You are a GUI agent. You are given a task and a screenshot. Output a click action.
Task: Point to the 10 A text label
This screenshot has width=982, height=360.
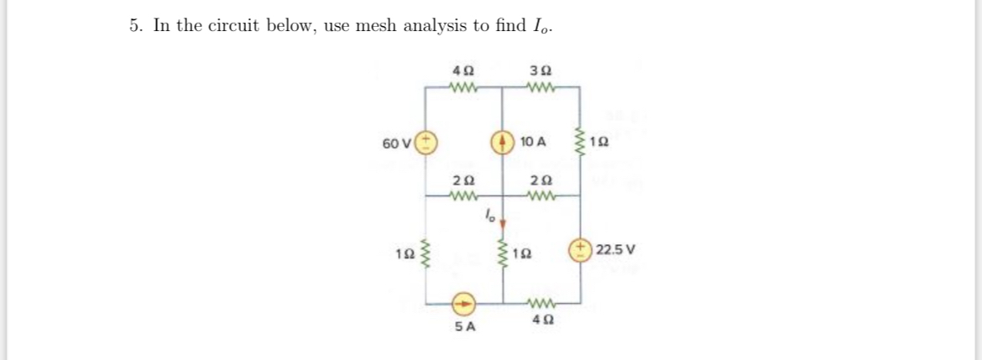(533, 142)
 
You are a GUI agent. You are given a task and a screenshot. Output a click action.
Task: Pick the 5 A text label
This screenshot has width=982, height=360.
(464, 326)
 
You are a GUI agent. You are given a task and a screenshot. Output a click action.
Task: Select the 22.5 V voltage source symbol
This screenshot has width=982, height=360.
(579, 249)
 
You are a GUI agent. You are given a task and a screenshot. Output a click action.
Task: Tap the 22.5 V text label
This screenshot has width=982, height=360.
(616, 249)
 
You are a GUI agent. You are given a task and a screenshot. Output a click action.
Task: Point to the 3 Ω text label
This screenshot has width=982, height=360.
(540, 70)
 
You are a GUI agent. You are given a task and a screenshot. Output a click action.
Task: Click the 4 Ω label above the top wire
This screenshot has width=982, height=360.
(462, 70)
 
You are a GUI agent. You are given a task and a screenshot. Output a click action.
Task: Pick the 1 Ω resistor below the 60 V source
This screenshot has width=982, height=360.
(426, 250)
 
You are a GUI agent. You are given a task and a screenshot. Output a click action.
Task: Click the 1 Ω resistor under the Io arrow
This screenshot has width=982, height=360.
(504, 250)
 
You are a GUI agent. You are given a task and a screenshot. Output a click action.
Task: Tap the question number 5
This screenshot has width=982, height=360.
(135, 25)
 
